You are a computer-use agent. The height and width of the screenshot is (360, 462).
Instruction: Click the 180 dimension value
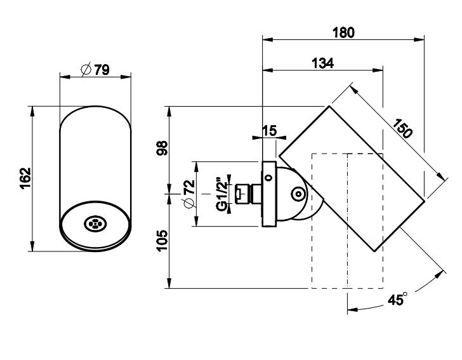click(343, 32)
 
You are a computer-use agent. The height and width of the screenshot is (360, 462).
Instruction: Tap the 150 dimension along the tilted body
click(402, 128)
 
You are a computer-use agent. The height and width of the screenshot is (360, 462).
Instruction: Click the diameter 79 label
click(96, 70)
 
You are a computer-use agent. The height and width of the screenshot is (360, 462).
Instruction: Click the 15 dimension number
click(268, 131)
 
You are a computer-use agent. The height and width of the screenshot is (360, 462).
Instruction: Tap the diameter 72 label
click(188, 194)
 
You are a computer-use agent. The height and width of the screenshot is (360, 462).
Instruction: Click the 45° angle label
click(397, 300)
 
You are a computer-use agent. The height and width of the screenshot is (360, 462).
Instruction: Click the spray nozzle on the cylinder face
click(95, 223)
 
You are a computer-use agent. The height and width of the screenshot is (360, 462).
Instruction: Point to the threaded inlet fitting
click(244, 193)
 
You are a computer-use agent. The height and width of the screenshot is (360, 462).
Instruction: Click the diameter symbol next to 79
click(86, 70)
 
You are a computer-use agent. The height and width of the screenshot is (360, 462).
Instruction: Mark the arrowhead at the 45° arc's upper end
click(442, 273)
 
